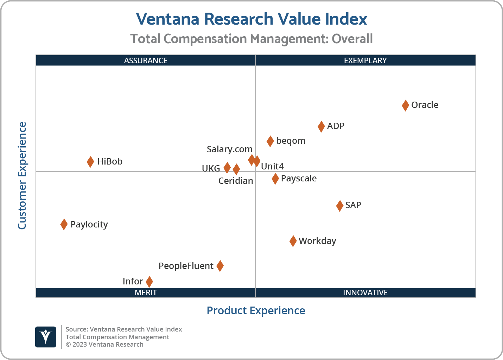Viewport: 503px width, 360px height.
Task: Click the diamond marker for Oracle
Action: click(x=405, y=105)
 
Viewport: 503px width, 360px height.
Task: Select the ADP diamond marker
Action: click(x=321, y=127)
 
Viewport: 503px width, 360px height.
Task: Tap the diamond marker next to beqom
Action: click(x=270, y=141)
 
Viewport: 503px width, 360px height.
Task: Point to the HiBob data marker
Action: click(x=90, y=162)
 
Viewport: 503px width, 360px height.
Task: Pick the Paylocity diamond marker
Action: click(x=64, y=224)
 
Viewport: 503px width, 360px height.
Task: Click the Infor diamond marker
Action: click(x=149, y=282)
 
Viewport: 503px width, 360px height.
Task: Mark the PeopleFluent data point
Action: click(x=220, y=266)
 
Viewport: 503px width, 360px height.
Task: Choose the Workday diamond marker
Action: click(x=293, y=241)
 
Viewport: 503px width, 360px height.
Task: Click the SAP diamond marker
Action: click(x=339, y=206)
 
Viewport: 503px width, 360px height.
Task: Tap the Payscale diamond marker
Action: click(x=275, y=179)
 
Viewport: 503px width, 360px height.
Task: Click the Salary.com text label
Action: click(x=229, y=149)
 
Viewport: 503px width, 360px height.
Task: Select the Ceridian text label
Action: click(x=236, y=181)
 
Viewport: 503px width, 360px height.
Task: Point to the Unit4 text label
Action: click(x=272, y=166)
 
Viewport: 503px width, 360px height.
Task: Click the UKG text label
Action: click(x=211, y=169)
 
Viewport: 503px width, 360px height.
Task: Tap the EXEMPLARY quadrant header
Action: click(x=365, y=60)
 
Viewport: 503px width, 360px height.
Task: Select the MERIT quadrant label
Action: click(x=146, y=292)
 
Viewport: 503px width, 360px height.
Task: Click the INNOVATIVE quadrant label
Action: click(x=365, y=292)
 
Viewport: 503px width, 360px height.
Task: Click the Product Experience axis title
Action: click(x=256, y=311)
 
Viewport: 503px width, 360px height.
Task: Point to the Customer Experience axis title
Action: click(x=22, y=176)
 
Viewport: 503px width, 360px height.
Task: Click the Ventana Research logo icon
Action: click(x=46, y=337)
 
